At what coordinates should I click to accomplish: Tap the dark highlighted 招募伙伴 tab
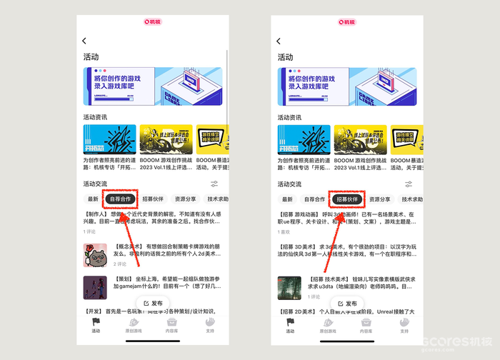coord(347,199)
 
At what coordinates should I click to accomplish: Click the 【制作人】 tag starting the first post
coord(96,214)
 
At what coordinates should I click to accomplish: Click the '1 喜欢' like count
coord(284,231)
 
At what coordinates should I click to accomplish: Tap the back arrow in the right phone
coord(279,41)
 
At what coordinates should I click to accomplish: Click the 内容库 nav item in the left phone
coord(172,325)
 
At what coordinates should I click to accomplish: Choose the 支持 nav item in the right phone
coord(404,325)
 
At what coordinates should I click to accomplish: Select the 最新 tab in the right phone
coord(287,199)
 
